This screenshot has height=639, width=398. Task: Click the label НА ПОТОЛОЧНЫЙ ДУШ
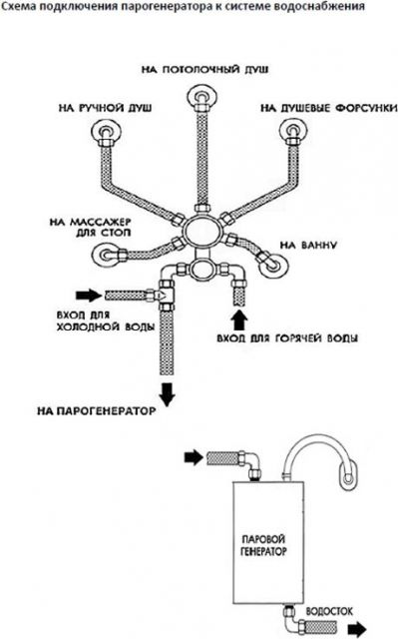[204, 70]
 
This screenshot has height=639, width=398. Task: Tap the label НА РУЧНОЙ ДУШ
[106, 108]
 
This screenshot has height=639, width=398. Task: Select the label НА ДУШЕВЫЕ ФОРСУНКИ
[329, 108]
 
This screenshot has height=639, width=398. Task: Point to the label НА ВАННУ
[308, 246]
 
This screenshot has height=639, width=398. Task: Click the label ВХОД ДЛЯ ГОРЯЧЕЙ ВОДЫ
[287, 338]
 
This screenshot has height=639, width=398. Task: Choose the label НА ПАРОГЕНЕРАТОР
[97, 410]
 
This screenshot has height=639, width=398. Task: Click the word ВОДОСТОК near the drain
[329, 611]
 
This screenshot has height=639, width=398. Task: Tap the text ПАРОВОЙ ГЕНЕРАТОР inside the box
[263, 545]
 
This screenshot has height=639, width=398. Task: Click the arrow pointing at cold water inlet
[89, 295]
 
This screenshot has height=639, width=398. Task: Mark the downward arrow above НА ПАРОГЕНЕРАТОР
[167, 394]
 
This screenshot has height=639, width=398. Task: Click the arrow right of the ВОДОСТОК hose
[358, 628]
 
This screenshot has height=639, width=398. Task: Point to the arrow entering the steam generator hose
[194, 457]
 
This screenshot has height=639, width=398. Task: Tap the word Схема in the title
[18, 7]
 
